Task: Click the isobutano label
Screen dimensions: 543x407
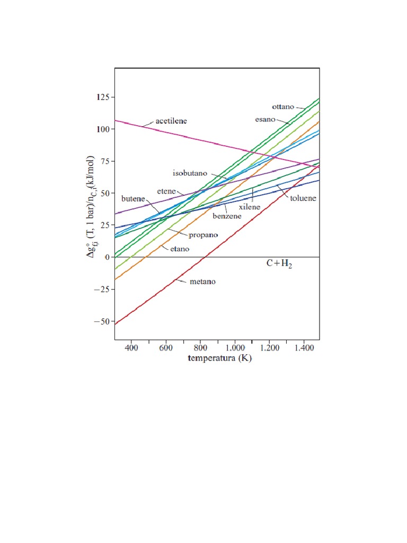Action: coord(192,173)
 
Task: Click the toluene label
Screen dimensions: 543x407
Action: coord(303,198)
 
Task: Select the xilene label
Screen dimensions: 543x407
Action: coord(249,207)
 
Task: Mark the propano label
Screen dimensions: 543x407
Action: coord(201,234)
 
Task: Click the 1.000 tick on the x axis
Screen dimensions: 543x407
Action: coord(235,348)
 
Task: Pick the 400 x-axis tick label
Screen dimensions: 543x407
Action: coord(131,348)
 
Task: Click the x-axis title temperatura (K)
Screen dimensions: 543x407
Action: coord(219,359)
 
